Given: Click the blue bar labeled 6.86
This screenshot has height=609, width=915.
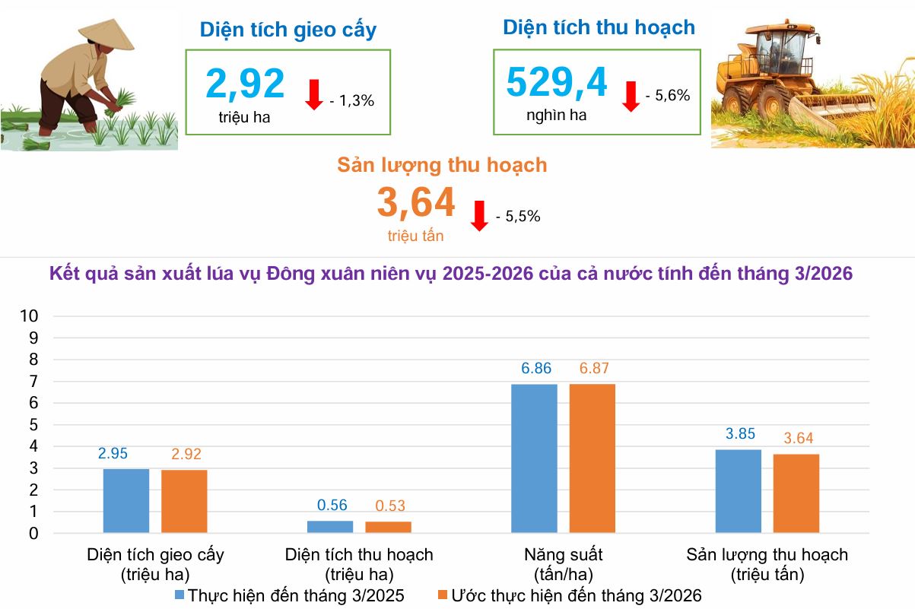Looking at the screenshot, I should tap(534, 458).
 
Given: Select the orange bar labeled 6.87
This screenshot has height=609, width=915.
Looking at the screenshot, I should tap(592, 458).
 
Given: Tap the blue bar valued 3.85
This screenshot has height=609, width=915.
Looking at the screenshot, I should tap(738, 490).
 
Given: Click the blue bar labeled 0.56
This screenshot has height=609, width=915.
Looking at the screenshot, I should tap(330, 526).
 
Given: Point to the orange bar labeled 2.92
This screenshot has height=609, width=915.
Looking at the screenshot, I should tap(184, 501).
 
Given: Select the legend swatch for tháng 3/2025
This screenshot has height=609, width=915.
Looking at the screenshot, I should tap(180, 595).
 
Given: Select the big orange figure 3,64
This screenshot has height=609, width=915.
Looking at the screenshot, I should tap(416, 202).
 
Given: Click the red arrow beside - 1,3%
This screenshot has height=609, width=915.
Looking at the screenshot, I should tap(314, 94).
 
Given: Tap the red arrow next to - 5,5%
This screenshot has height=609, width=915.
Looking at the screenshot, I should tap(479, 216).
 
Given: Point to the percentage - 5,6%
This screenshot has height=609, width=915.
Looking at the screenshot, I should tap(667, 96).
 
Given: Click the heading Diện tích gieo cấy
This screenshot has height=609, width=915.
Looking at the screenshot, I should tap(288, 30).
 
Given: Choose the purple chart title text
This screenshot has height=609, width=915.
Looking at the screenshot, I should tap(450, 274).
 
